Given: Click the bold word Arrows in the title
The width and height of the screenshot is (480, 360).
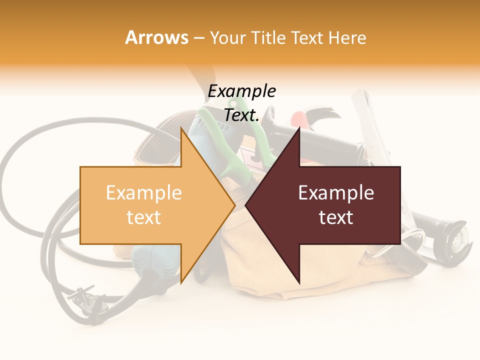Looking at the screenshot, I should (x=156, y=37).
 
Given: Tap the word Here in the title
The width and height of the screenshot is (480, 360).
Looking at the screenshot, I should (x=347, y=37).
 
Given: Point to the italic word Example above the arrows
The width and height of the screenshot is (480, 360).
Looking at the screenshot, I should (x=241, y=91).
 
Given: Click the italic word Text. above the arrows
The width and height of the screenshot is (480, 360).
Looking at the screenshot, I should (x=241, y=115).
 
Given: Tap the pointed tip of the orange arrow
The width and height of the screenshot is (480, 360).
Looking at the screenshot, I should (x=234, y=205).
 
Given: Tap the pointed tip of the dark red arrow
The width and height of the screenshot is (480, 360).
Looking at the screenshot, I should (x=246, y=205).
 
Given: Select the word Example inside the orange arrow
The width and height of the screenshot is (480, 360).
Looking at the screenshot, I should (x=144, y=193).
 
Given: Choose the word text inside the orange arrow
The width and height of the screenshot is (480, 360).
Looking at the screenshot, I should (x=144, y=217).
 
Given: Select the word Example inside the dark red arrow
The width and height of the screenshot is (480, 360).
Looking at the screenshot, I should (x=336, y=193).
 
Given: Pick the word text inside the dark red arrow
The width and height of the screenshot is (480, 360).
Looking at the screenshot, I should (x=336, y=217).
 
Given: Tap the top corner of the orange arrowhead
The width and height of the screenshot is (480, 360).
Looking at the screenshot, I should (x=181, y=128).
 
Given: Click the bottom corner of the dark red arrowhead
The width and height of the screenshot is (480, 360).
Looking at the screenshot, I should (x=299, y=283).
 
